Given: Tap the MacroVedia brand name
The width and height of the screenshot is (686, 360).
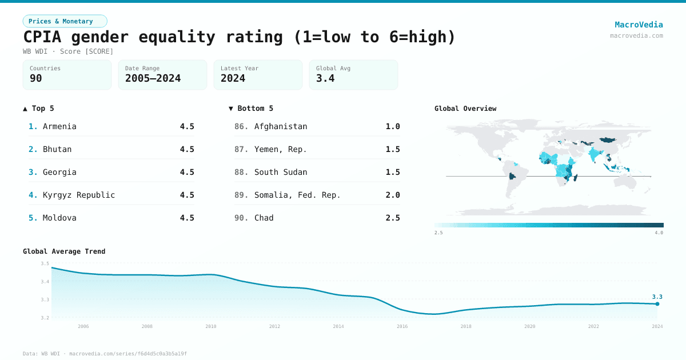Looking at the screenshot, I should pos(639,25).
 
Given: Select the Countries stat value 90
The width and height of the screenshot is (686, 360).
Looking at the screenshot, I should pos(36,78).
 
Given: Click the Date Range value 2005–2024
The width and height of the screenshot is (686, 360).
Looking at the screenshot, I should pos(153,78).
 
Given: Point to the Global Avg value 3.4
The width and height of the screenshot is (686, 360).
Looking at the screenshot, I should pos(325,78).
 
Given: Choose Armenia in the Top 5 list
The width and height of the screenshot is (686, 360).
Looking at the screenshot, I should pos(59,126).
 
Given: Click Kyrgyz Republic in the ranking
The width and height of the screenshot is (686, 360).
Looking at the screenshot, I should pos(79,195).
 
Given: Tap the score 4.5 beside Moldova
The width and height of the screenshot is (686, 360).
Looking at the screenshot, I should pos(187,218).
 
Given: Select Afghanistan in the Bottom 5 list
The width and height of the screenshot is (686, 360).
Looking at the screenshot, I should pos(281,126).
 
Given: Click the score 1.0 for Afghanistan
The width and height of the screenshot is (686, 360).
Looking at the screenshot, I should pos(393,126).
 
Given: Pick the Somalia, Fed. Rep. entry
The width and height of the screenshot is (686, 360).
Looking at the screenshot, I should pos(297,195).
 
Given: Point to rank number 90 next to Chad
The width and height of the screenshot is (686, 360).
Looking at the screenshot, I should pos(241,218).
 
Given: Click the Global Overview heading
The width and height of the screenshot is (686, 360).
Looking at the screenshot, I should pos(465,109).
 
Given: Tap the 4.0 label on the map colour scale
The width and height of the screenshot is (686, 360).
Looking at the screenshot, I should pos(659,233).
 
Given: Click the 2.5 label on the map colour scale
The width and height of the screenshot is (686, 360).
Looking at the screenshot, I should pos(438,233).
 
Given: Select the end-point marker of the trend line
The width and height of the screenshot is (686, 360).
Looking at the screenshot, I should pos(657,304).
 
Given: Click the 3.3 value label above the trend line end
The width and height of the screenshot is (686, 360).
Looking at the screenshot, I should pos(657,297).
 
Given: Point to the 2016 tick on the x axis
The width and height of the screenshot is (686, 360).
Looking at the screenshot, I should pos(402,326).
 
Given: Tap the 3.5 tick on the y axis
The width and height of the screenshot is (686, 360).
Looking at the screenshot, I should pos(45,263).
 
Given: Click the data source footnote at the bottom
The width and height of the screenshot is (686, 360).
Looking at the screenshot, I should pos(105,354).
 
